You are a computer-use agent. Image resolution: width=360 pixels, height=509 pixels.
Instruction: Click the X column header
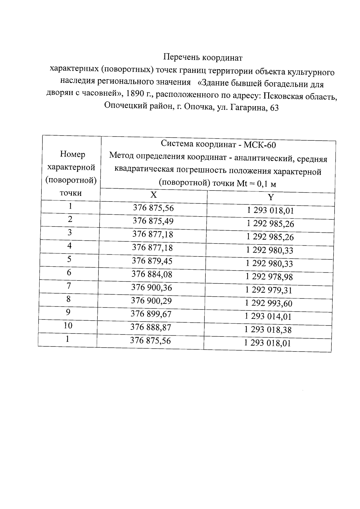pyautogui.click(x=153, y=195)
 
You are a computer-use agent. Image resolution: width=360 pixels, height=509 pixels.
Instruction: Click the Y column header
pyautogui.click(x=271, y=197)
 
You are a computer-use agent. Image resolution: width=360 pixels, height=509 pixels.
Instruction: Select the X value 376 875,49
pyautogui.click(x=153, y=221)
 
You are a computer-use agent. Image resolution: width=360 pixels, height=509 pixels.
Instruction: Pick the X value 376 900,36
pyautogui.click(x=151, y=288)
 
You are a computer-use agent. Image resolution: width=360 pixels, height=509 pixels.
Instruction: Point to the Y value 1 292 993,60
pyautogui.click(x=268, y=303)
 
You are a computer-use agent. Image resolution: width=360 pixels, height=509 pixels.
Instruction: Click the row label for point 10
pyautogui.click(x=68, y=325)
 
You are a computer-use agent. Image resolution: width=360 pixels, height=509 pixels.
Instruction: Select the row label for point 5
pyautogui.click(x=69, y=259)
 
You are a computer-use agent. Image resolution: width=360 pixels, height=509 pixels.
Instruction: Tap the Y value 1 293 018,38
pyautogui.click(x=268, y=330)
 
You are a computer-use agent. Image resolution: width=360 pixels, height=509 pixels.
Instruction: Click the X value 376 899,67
pyautogui.click(x=151, y=314)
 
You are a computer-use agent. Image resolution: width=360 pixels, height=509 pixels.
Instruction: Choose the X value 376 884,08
pyautogui.click(x=152, y=274)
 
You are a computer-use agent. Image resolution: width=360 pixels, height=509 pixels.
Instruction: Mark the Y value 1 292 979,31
pyautogui.click(x=268, y=290)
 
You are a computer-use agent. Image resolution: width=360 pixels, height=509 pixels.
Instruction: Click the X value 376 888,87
pyautogui.click(x=151, y=327)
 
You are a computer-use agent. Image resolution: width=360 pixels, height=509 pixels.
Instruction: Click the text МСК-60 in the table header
pyautogui.click(x=259, y=145)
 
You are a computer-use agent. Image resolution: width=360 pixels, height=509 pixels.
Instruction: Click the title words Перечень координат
pyautogui.click(x=202, y=57)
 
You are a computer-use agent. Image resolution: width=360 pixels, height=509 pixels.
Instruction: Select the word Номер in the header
pyautogui.click(x=72, y=154)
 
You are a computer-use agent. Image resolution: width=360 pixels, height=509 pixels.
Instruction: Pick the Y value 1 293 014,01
pyautogui.click(x=268, y=316)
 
